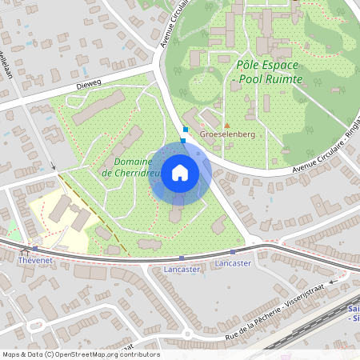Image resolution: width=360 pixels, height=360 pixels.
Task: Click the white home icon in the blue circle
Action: (180, 173)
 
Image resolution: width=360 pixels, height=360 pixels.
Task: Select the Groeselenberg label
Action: (228, 134)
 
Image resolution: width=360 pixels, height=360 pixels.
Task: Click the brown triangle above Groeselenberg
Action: (227, 125)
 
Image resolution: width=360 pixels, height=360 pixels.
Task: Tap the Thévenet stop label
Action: (34, 259)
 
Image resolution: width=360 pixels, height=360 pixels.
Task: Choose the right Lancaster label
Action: (234, 262)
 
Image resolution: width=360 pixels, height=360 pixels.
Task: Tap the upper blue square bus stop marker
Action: (186, 129)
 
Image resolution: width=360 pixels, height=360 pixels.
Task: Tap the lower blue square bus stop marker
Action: (183, 141)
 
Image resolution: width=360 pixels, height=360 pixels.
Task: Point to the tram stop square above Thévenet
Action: (34, 249)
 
